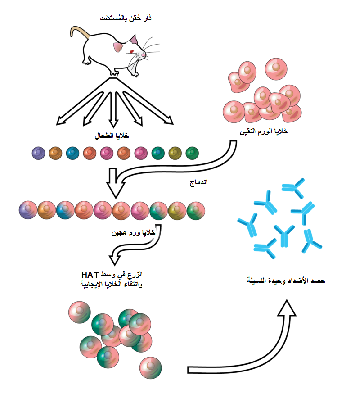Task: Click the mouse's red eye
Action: tap(132, 51)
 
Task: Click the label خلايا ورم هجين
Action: tap(133, 233)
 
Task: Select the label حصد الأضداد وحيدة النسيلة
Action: tap(286, 281)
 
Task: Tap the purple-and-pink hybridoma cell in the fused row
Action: tap(28, 210)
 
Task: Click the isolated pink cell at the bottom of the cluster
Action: tap(150, 367)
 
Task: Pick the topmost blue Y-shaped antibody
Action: tap(293, 190)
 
